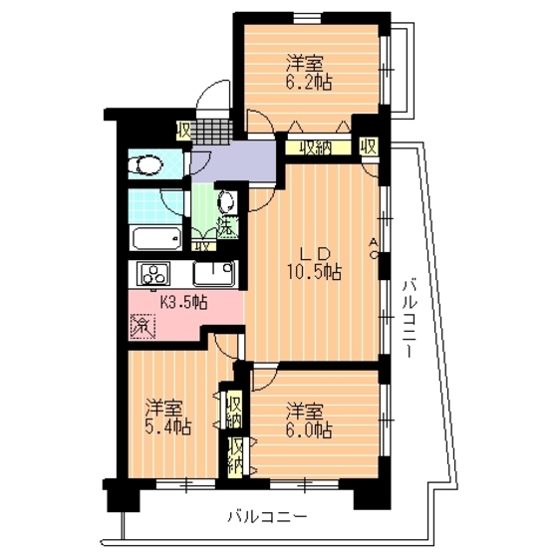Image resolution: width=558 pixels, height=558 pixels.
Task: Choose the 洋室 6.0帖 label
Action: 308,419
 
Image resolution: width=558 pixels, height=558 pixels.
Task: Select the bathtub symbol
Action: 155,239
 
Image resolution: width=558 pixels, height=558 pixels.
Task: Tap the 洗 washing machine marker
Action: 228,226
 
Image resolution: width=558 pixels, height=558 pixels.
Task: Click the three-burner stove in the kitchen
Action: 154,273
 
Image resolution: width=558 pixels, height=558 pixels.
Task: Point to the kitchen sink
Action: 213,272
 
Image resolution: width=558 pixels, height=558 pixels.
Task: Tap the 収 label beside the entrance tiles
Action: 184,130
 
